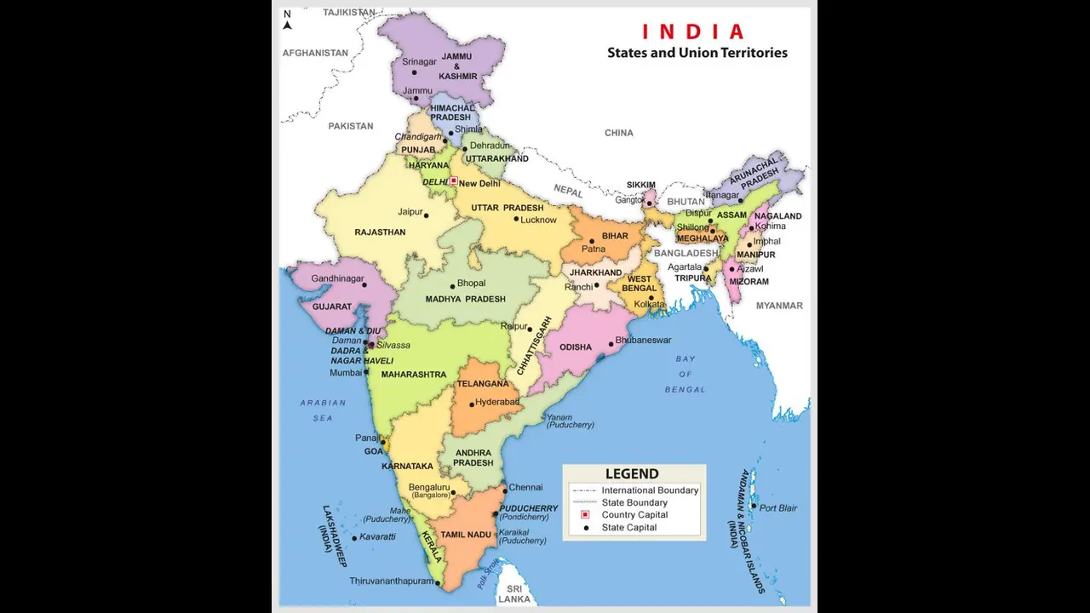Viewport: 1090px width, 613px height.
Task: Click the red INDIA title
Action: tap(692, 32)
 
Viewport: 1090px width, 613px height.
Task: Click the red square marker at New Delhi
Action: tap(454, 181)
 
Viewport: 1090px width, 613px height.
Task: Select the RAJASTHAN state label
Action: tap(380, 232)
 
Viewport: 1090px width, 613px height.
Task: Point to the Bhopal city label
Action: tap(471, 284)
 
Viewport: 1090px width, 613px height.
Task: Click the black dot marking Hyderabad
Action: tap(472, 404)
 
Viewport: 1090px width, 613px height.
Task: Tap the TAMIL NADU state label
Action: tap(466, 535)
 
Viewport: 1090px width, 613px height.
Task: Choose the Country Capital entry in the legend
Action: tap(634, 515)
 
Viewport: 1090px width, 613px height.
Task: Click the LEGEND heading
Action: tap(632, 474)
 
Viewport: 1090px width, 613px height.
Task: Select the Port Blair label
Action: tap(778, 508)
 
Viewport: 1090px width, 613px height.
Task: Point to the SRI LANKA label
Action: tap(514, 594)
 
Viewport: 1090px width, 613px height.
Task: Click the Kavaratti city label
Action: tap(377, 537)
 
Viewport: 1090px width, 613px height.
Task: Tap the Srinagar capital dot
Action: tap(414, 73)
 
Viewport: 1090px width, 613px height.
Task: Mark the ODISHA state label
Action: tap(576, 347)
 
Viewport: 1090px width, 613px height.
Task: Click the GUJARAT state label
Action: tap(332, 306)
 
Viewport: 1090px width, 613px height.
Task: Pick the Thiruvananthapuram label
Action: tap(391, 581)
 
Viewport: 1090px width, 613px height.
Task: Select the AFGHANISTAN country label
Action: tap(315, 53)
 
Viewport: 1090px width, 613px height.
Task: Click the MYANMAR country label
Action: tap(779, 306)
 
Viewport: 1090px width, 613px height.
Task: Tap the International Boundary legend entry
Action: tap(650, 490)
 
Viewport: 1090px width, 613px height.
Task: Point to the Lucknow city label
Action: tap(538, 220)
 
